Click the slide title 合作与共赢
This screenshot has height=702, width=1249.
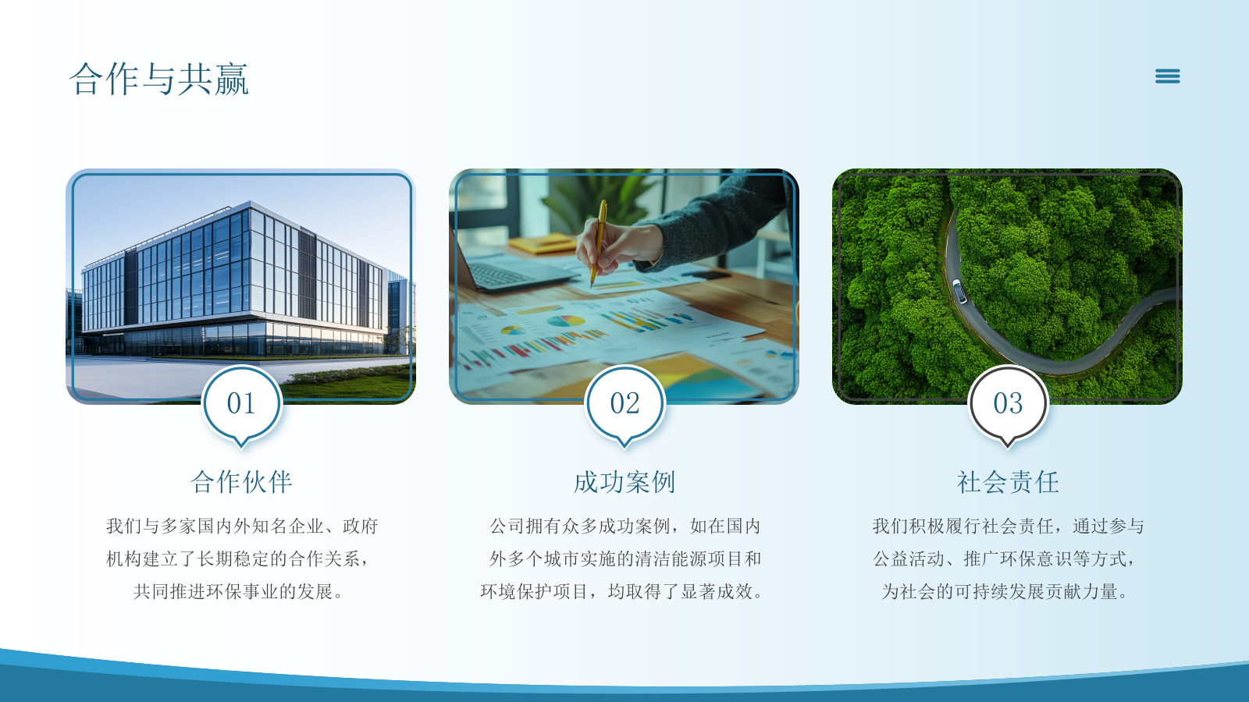click(159, 79)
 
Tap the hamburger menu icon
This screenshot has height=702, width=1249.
click(1167, 76)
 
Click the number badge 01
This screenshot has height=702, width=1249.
click(241, 404)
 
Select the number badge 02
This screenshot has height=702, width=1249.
click(624, 404)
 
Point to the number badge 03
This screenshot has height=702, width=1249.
click(1008, 404)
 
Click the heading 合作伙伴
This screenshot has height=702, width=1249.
click(241, 482)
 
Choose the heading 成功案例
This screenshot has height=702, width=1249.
click(624, 482)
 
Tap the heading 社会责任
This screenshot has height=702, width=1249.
click(1008, 482)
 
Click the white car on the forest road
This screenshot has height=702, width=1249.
click(959, 291)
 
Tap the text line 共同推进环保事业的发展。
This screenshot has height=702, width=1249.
click(238, 592)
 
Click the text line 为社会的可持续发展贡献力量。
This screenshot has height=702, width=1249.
click(1005, 592)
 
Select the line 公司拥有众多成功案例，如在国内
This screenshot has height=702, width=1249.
click(624, 526)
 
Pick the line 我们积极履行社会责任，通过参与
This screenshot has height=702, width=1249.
click(1008, 526)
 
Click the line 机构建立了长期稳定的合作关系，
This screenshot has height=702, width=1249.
click(238, 559)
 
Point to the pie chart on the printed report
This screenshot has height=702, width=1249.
click(566, 321)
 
